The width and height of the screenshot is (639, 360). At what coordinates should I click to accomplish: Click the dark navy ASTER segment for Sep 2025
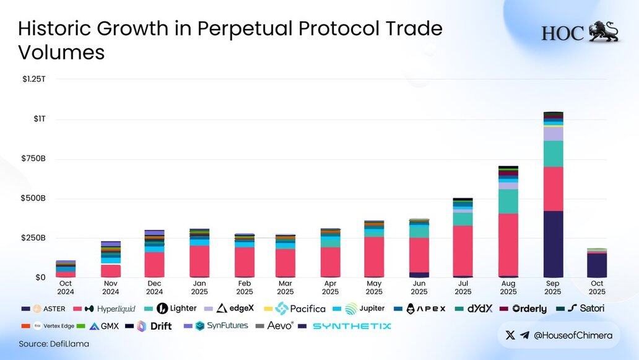(553, 244)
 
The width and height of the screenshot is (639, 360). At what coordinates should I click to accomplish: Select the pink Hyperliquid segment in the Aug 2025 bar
(508, 244)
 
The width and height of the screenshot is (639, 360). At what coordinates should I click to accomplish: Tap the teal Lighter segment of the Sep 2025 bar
(553, 154)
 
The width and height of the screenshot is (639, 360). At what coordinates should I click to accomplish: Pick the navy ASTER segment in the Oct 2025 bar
(597, 265)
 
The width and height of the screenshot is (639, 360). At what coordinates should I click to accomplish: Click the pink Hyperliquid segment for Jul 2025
(463, 250)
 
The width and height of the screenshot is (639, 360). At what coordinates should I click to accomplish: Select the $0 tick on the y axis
(40, 278)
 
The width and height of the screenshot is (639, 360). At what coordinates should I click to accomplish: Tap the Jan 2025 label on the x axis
(199, 288)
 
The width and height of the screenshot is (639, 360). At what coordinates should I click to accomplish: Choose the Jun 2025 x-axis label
(419, 288)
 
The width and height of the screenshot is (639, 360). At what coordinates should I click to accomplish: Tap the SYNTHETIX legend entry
(351, 326)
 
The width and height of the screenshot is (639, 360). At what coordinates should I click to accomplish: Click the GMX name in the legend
(109, 326)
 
